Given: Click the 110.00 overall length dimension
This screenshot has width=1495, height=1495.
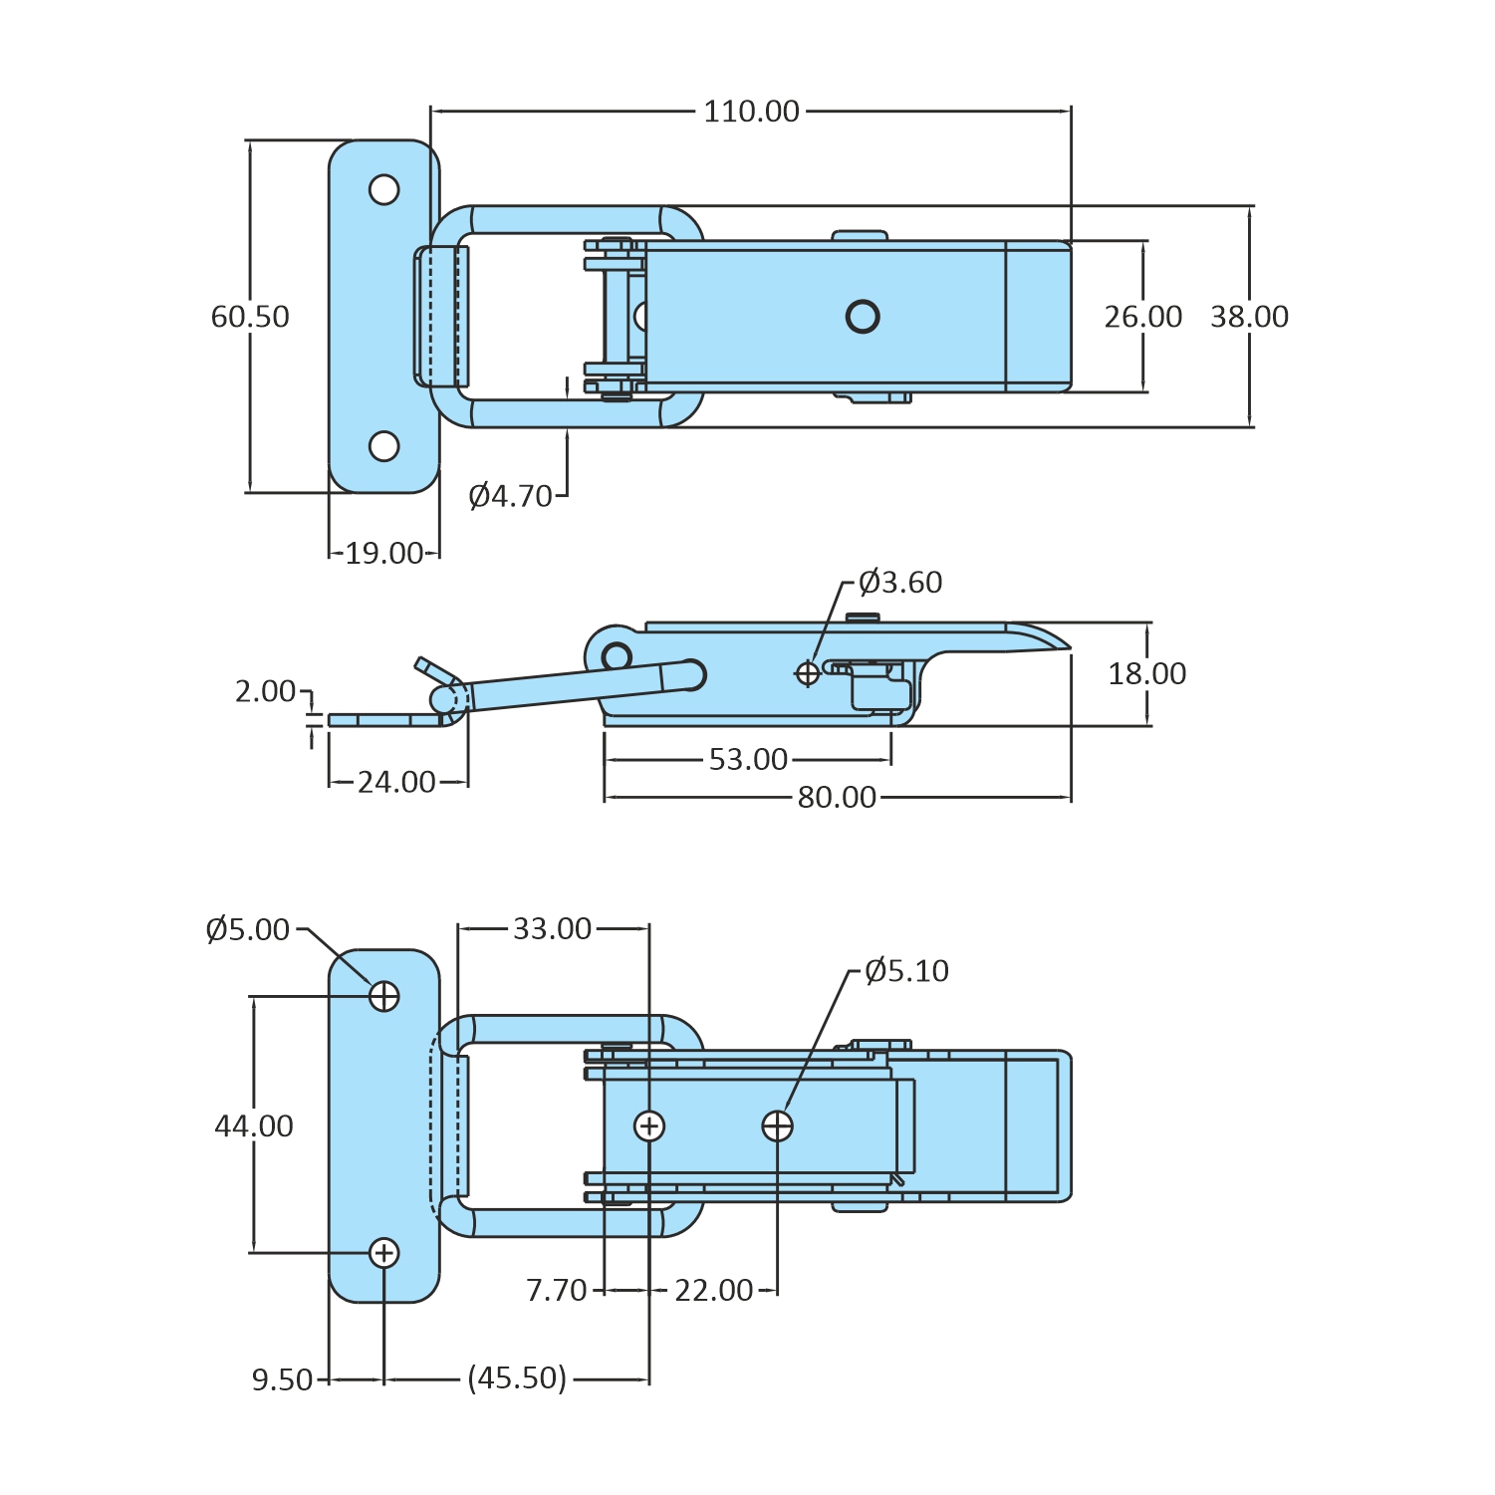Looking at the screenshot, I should (751, 112).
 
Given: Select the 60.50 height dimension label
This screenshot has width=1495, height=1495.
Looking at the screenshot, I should (250, 317).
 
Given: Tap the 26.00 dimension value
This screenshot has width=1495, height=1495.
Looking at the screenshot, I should (1142, 317).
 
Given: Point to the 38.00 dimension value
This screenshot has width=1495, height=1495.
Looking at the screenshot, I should (1249, 317).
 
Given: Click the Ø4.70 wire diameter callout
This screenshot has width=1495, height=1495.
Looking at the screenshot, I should (510, 496).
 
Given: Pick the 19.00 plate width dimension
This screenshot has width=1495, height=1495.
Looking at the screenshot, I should (383, 554).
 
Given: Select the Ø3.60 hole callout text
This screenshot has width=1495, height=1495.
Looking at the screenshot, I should (900, 583).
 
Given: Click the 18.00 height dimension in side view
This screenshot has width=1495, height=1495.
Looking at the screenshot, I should (1146, 674).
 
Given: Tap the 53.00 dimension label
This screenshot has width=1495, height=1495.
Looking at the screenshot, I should (748, 760).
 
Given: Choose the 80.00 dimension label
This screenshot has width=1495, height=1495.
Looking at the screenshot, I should (837, 798).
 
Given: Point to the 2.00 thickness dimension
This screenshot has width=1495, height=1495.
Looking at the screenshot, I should (265, 691).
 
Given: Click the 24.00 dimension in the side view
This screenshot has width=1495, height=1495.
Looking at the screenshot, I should (396, 783).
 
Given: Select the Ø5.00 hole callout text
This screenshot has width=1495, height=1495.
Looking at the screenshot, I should (247, 930).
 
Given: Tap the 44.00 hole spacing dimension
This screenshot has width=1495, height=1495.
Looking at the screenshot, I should (254, 1126).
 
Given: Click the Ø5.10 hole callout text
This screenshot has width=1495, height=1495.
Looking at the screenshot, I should (906, 971).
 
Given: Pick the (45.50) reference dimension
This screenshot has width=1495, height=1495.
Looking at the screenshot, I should (517, 1378).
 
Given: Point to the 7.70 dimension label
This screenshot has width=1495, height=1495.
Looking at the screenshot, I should (556, 1291).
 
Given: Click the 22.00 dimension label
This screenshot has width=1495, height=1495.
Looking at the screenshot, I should (713, 1291).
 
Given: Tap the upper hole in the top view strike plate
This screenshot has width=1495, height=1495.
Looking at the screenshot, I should (384, 189).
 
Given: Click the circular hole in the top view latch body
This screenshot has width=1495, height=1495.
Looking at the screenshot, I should (863, 317).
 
